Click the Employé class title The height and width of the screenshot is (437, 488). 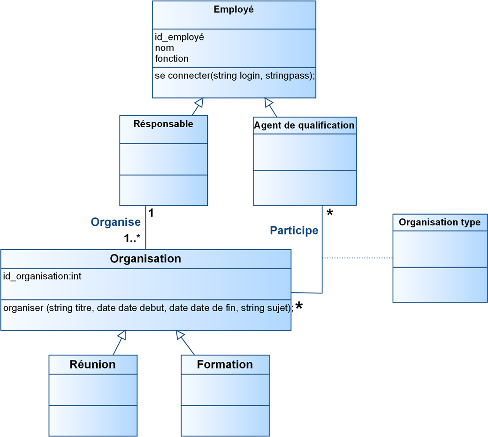pyautogui.click(x=234, y=9)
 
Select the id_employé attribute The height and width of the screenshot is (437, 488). pyautogui.click(x=179, y=37)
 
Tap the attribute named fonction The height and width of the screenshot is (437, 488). pyautogui.click(x=172, y=59)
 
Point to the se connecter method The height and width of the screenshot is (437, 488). pyautogui.click(x=235, y=75)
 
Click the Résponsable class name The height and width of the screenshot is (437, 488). pyautogui.click(x=163, y=124)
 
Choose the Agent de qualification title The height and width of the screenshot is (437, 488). pyautogui.click(x=304, y=125)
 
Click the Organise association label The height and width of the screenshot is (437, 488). pyautogui.click(x=115, y=222)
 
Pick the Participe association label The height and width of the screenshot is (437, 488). pyautogui.click(x=294, y=230)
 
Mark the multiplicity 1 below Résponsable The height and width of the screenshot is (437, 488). pyautogui.click(x=151, y=213)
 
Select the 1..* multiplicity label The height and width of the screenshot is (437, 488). pyautogui.click(x=132, y=238)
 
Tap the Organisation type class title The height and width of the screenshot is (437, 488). pyautogui.click(x=439, y=222)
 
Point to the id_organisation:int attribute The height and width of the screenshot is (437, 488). pyautogui.click(x=42, y=276)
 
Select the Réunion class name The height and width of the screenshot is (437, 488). pyautogui.click(x=92, y=364)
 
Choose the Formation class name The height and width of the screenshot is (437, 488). pyautogui.click(x=225, y=364)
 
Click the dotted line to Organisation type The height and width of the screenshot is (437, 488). pyautogui.click(x=357, y=258)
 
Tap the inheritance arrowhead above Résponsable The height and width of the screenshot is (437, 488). pyautogui.click(x=199, y=102)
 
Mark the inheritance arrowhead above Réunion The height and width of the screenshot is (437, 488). pyautogui.click(x=122, y=335)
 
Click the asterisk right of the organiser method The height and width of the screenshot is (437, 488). pyautogui.click(x=299, y=307)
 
